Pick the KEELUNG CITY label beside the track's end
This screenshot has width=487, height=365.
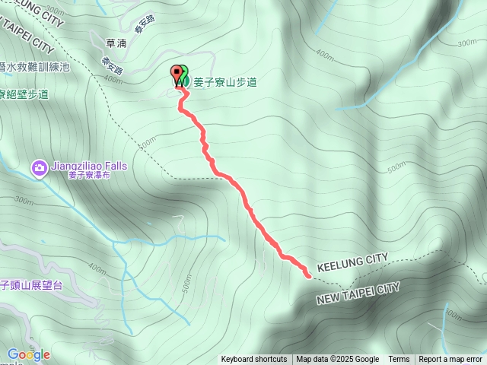352,261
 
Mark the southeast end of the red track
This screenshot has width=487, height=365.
308,275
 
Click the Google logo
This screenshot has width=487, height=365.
28,354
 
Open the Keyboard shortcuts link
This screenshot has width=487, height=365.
254,360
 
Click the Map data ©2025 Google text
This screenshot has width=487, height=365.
337,360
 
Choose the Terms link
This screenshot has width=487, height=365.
399,360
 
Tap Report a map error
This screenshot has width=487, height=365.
450,360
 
